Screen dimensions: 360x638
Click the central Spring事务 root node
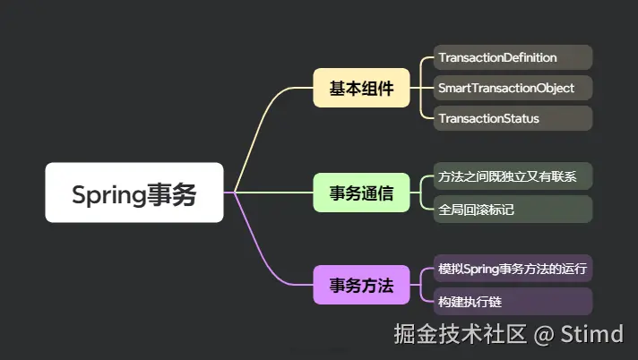[134, 193]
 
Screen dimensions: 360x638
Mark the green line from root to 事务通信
[269, 193]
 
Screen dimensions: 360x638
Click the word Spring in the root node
[103, 193]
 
